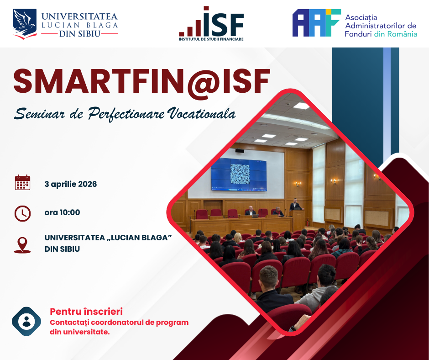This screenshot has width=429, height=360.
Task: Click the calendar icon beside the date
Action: pyautogui.click(x=22, y=182)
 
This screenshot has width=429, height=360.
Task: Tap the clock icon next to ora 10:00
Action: pyautogui.click(x=22, y=213)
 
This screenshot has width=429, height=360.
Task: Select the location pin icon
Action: pyautogui.click(x=22, y=245)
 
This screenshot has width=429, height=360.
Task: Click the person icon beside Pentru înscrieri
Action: pyautogui.click(x=26, y=321)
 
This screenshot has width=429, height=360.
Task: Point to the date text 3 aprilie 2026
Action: pyautogui.click(x=71, y=184)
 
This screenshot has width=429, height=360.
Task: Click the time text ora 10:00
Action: pyautogui.click(x=62, y=212)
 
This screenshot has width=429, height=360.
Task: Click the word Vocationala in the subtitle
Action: pyautogui.click(x=202, y=114)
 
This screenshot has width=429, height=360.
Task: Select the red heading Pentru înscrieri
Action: pyautogui.click(x=86, y=312)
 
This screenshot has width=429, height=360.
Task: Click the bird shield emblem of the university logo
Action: pyautogui.click(x=25, y=24)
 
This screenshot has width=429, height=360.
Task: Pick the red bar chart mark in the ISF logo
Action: pyautogui.click(x=190, y=28)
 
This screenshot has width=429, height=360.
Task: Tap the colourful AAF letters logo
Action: pyautogui.click(x=317, y=23)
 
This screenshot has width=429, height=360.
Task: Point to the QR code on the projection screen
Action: pyautogui.click(x=240, y=174)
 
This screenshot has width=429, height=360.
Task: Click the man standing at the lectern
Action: pyautogui.click(x=295, y=205)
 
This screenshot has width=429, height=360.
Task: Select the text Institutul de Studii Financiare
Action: pyautogui.click(x=211, y=39)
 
